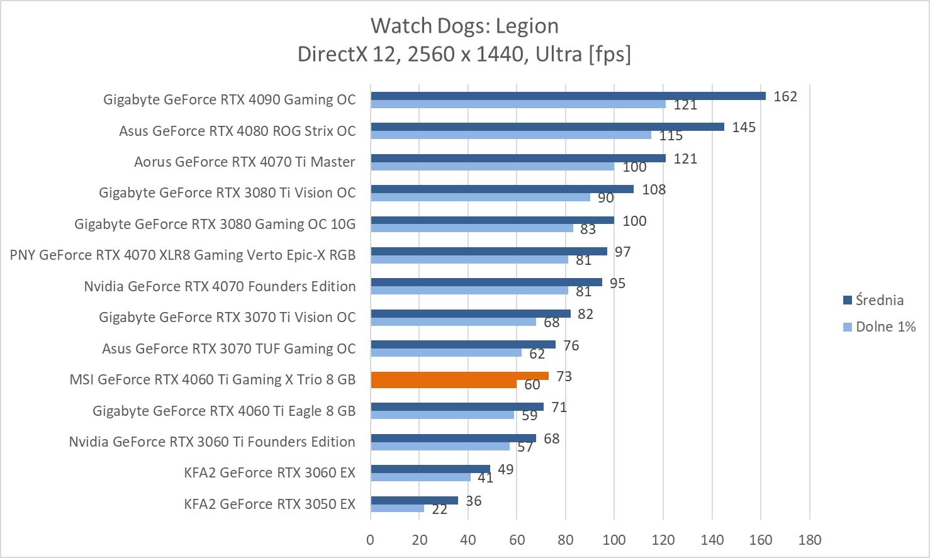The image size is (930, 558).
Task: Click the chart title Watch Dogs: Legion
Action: [x=464, y=26]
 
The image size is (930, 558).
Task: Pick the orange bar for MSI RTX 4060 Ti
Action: [x=459, y=376]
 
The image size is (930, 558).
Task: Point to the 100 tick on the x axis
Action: [x=614, y=539]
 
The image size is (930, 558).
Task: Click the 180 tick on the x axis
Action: [x=809, y=539]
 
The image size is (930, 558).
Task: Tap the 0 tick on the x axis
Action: [x=371, y=539]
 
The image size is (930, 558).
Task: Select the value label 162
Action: [x=785, y=96]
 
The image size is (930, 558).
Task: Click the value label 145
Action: [x=744, y=127]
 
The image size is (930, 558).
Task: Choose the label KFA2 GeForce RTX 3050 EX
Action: [x=269, y=504]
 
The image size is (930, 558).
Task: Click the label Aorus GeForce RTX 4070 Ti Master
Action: [x=244, y=162]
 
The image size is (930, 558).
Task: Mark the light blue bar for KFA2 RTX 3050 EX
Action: [x=397, y=508]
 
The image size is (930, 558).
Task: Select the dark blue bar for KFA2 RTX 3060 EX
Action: [x=430, y=469]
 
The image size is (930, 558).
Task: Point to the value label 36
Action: [x=473, y=501]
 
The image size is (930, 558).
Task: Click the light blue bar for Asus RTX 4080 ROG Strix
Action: [x=510, y=135]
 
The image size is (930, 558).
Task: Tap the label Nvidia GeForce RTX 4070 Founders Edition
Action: [x=220, y=286]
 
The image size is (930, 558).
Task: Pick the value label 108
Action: [x=654, y=189]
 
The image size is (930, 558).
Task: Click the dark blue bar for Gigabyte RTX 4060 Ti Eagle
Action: [x=457, y=406]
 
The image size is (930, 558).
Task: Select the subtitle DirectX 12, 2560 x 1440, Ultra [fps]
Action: [x=464, y=54]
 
